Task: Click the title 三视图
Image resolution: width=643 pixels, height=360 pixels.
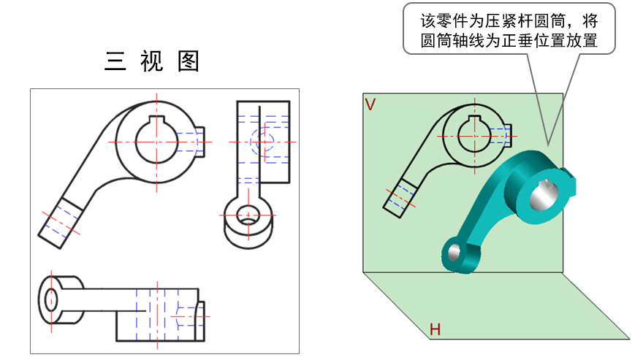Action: pyautogui.click(x=152, y=61)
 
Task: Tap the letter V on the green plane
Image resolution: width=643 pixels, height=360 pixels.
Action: pyautogui.click(x=370, y=104)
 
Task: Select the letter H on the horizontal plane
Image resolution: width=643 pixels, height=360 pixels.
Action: pyautogui.click(x=435, y=330)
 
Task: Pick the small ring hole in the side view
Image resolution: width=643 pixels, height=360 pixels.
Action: pyautogui.click(x=248, y=216)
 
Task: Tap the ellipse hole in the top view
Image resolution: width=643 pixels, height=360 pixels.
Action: pyautogui.click(x=51, y=298)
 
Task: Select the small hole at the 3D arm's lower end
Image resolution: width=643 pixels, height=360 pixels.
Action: pyautogui.click(x=453, y=253)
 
